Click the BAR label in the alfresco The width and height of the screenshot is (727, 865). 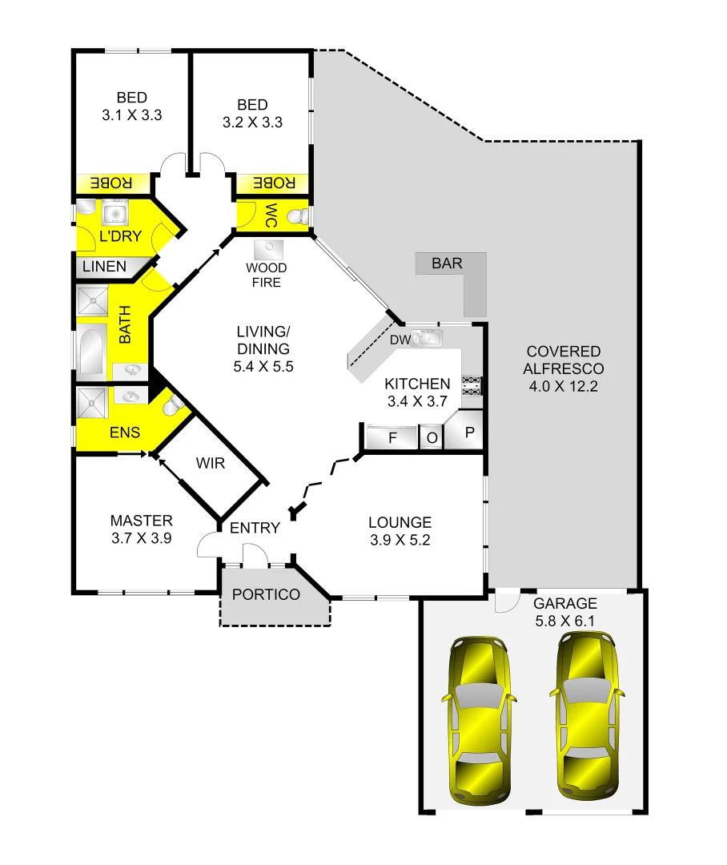[x=447, y=264]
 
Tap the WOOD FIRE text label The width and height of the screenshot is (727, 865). [x=266, y=275]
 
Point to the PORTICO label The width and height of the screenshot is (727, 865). [x=266, y=594]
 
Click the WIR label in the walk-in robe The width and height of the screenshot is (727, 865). [x=211, y=464]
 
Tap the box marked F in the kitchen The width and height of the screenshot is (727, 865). [x=392, y=438]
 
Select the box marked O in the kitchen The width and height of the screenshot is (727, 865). [x=432, y=438]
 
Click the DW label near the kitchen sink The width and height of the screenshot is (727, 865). [x=400, y=340]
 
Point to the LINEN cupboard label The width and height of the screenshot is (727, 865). [x=105, y=266]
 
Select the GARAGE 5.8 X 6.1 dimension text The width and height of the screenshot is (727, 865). [x=565, y=611]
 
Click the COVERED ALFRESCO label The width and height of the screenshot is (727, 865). [x=563, y=368]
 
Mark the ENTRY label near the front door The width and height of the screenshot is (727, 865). [x=255, y=528]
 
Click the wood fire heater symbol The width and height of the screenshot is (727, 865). [x=267, y=249]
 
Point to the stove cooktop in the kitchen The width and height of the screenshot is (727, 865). [x=472, y=385]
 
